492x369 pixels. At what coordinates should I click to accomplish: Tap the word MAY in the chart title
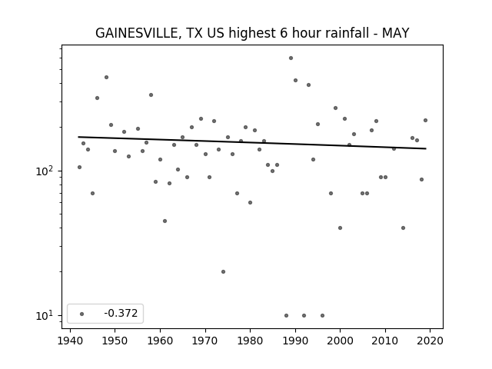[395, 33]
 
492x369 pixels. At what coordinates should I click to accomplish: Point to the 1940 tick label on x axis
[70, 341]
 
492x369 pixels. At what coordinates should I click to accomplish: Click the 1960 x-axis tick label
[160, 341]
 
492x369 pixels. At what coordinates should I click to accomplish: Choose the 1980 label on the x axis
[250, 341]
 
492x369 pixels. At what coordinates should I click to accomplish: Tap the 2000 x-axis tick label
[340, 341]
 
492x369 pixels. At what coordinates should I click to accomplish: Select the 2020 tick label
[430, 341]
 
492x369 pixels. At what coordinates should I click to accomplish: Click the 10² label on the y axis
[44, 171]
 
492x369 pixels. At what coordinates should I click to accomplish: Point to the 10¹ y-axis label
[44, 315]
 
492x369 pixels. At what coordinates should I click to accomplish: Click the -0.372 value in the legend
[121, 313]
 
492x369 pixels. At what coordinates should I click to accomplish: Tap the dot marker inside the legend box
[82, 314]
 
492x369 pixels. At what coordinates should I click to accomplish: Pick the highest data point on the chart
[291, 58]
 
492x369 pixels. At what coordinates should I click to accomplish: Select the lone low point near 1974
[223, 271]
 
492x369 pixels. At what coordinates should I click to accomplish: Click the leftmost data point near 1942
[79, 168]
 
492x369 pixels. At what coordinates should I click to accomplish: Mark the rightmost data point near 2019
[425, 120]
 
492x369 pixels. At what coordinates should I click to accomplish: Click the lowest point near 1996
[322, 316]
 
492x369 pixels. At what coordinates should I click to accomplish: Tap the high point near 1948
[106, 77]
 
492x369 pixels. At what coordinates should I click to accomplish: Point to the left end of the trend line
[78, 137]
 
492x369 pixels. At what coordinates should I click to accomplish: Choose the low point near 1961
[165, 221]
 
